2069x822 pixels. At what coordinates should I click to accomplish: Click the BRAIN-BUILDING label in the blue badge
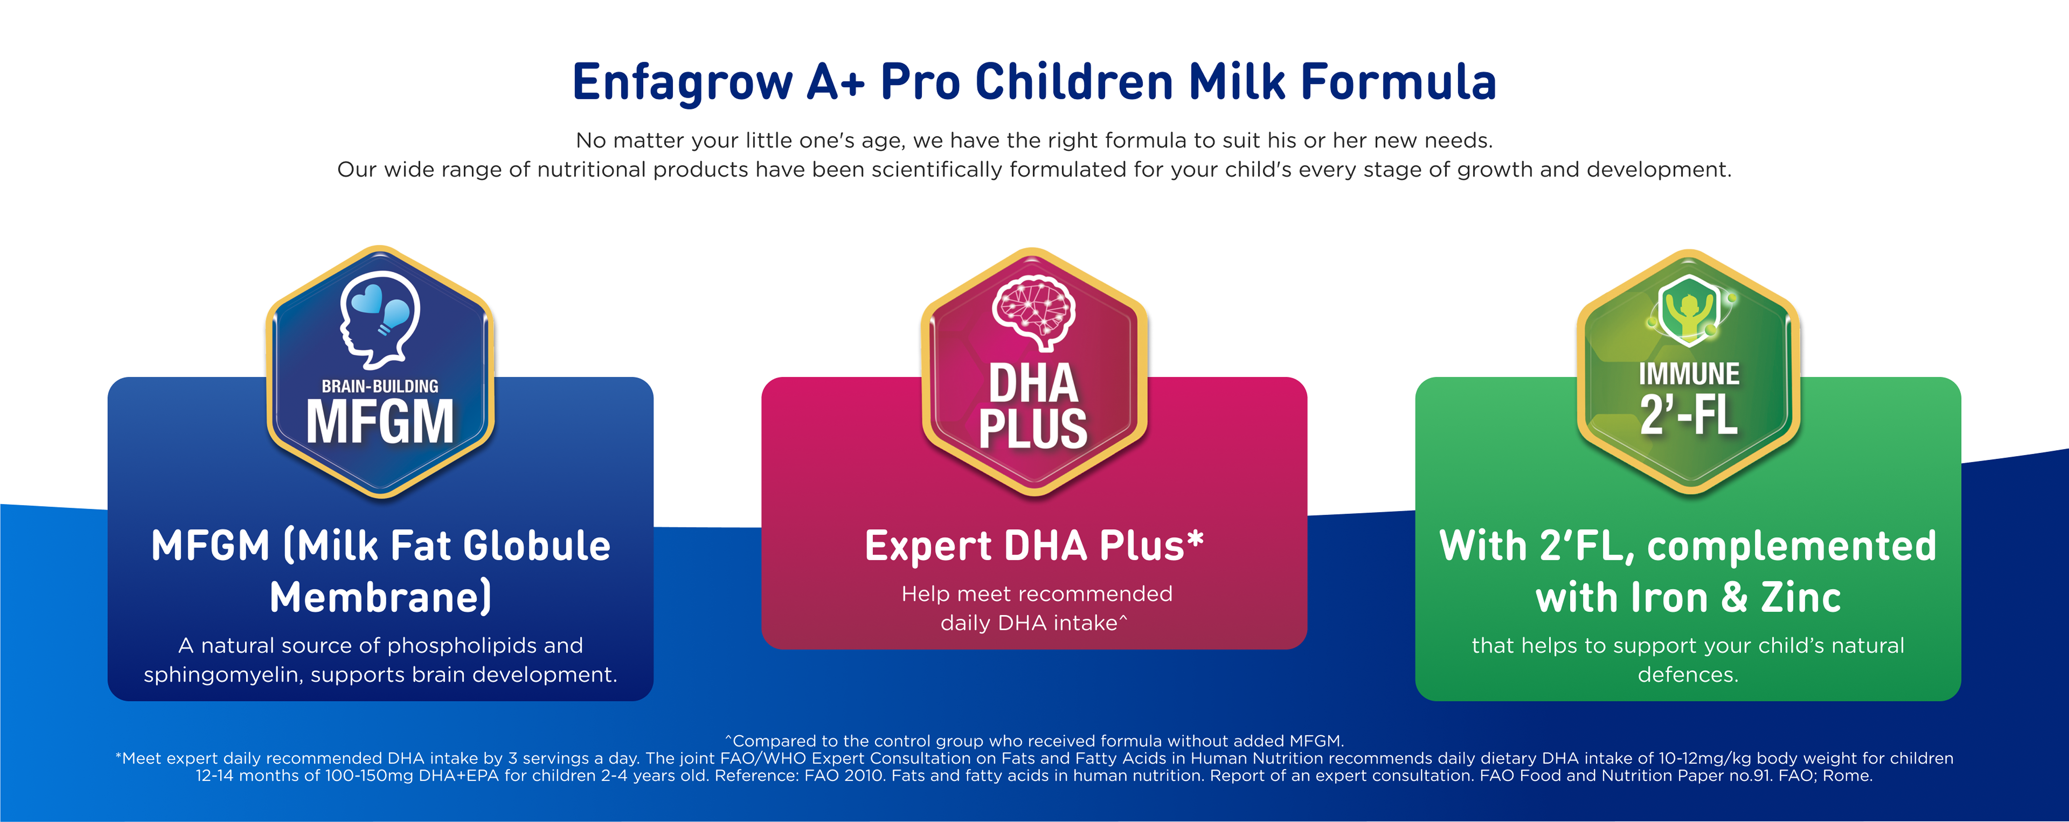[380, 386]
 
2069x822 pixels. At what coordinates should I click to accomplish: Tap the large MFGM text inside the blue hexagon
[380, 422]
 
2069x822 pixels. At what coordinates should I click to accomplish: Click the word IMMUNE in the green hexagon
[1689, 374]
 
